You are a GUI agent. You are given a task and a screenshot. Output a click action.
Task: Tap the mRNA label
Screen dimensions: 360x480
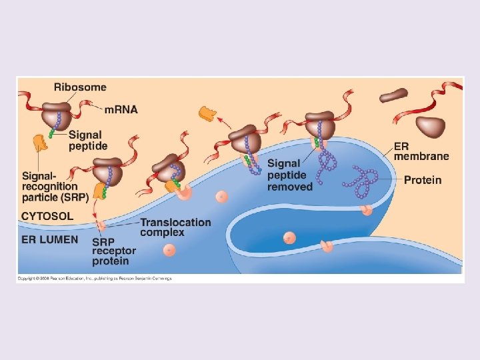[121, 109]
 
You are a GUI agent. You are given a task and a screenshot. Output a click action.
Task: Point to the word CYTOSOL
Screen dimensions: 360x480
[47, 216]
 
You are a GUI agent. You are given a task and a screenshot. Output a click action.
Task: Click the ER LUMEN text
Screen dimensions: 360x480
[49, 239]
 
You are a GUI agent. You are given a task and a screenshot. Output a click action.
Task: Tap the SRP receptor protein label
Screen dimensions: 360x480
[113, 251]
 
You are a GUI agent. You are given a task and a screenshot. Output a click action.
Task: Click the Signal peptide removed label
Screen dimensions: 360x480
[289, 175]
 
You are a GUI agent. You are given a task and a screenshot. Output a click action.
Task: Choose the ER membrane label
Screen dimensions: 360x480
[421, 151]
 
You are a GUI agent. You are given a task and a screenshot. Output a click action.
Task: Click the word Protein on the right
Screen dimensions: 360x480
[422, 180]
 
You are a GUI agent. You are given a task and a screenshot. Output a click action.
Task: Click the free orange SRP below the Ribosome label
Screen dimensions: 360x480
[41, 141]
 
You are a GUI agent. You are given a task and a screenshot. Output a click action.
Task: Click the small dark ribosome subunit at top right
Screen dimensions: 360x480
[393, 96]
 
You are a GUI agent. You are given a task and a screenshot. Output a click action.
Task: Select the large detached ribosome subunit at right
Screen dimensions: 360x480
[430, 126]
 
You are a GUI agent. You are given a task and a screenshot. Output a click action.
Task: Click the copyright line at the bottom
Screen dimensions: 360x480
[94, 278]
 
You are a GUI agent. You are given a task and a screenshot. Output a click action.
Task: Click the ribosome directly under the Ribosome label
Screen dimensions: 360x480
[58, 115]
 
